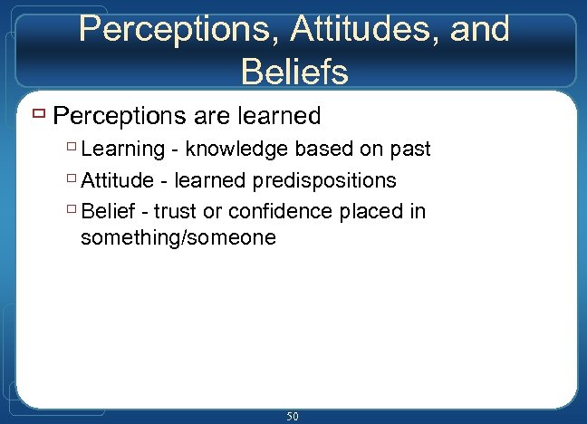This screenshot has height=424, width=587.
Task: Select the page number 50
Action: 293,416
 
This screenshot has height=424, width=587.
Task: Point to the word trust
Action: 176,212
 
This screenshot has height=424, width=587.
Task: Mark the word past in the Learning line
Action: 409,149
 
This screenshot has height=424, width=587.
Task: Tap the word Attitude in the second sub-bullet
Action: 118,181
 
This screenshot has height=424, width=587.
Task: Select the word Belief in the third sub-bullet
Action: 107,212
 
